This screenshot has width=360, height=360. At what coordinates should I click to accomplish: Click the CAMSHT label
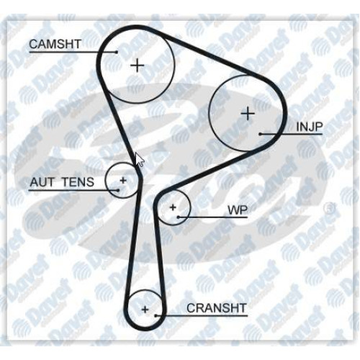click(x=55, y=44)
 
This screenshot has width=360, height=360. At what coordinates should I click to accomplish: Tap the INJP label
click(x=310, y=127)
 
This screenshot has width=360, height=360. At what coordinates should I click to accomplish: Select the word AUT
click(x=42, y=182)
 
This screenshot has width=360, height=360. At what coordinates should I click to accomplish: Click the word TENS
click(x=78, y=182)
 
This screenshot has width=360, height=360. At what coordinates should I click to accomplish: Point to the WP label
click(x=238, y=210)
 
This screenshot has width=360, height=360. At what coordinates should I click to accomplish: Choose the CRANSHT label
click(x=217, y=308)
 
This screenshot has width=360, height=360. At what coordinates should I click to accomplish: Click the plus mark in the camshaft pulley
click(x=138, y=65)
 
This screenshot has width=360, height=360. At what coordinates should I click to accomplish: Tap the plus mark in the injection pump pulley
click(x=248, y=114)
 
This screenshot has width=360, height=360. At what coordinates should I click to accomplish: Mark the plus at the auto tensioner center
click(x=123, y=180)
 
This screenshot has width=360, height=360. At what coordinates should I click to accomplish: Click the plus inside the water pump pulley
click(x=173, y=207)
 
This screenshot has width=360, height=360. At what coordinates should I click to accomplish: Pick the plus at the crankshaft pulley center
click(x=145, y=310)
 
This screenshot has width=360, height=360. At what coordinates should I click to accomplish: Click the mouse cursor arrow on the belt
click(x=140, y=160)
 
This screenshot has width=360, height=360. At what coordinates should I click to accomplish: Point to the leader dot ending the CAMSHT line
click(x=117, y=52)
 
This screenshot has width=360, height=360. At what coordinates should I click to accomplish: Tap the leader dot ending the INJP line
click(x=261, y=134)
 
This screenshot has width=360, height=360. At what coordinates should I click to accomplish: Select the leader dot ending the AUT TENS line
click(x=118, y=190)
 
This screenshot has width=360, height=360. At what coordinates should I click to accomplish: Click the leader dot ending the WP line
click(x=179, y=217)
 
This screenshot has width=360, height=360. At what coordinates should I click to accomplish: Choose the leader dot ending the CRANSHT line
click(x=156, y=316)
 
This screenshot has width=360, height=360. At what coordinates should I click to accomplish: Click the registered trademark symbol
click(x=329, y=209)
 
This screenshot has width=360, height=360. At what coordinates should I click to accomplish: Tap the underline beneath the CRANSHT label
click(x=202, y=316)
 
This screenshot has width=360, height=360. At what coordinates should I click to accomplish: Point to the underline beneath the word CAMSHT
click(x=73, y=52)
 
